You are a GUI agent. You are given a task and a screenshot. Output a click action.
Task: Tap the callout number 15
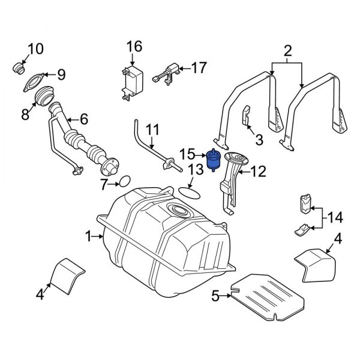point(188,154)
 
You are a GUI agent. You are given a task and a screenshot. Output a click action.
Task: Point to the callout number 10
point(35,48)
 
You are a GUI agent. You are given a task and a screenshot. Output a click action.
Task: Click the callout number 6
point(83,119)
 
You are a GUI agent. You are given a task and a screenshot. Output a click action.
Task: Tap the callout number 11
point(153,129)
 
